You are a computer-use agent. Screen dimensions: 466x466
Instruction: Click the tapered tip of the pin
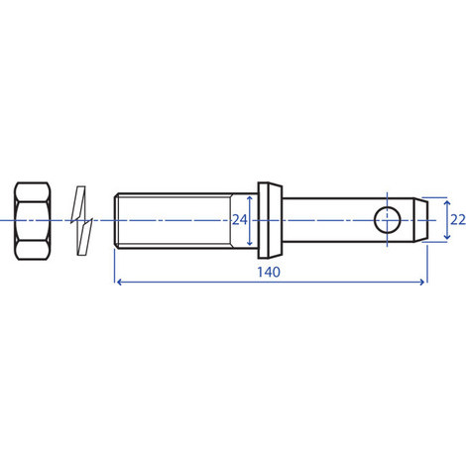coord(420,219)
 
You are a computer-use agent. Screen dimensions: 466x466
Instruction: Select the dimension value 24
coord(238,219)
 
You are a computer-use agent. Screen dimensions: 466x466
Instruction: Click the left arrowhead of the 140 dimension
coord(119,283)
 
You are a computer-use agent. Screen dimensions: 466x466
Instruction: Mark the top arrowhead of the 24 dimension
coord(251,197)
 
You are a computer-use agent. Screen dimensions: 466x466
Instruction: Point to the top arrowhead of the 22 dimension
coord(436,197)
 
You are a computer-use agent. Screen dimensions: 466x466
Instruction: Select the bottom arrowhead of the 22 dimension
coord(436,240)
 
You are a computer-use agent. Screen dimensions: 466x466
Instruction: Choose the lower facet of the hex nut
coord(38,247)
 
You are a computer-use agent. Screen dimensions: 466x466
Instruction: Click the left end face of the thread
coord(116,219)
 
